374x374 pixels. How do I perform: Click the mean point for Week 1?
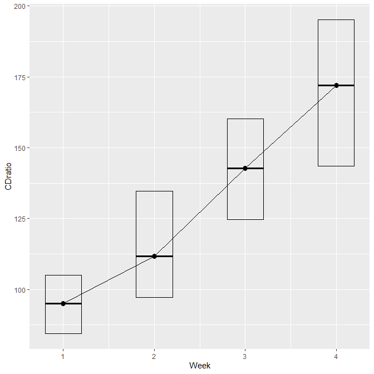63,304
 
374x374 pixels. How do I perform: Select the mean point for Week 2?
154,257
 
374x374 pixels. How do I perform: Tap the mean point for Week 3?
245,169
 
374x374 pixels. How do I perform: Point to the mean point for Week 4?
336,85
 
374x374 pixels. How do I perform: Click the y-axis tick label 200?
19,7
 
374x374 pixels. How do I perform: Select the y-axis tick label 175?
19,77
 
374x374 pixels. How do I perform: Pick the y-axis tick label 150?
19,148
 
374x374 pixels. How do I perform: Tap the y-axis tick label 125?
19,219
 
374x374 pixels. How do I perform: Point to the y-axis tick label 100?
19,290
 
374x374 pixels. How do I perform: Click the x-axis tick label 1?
63,357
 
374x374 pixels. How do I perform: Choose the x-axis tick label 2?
154,357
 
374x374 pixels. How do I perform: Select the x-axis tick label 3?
245,357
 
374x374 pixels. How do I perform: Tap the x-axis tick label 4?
336,357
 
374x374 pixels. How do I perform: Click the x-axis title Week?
200,366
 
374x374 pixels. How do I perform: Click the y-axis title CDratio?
8,176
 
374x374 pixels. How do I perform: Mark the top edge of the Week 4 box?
336,20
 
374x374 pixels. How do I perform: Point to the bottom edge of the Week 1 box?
63,333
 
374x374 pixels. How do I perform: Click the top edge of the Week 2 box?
154,191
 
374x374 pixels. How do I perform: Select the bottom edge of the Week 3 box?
245,219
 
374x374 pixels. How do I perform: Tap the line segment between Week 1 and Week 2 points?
109,280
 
